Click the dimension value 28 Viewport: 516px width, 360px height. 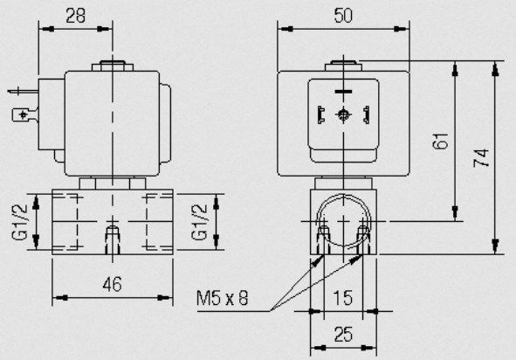pyautogui.click(x=75, y=16)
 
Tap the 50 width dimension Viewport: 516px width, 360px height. pyautogui.click(x=343, y=16)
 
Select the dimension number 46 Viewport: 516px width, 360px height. pyautogui.click(x=113, y=284)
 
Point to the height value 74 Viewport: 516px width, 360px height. pyautogui.click(x=481, y=158)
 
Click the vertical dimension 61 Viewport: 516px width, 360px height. pyautogui.click(x=441, y=141)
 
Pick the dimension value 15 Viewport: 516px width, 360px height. pyautogui.click(x=343, y=298)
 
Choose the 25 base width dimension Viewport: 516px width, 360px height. pyautogui.click(x=343, y=335)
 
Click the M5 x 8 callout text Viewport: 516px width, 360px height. pyautogui.click(x=223, y=298)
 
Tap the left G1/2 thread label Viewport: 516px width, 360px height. pyautogui.click(x=20, y=222)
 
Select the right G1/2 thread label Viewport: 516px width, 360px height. pyautogui.click(x=199, y=222)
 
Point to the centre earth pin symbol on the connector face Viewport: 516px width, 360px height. pyautogui.click(x=343, y=115)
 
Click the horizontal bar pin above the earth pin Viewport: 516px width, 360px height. pyautogui.click(x=343, y=91)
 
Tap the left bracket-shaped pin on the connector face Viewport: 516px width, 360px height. pyautogui.click(x=321, y=115)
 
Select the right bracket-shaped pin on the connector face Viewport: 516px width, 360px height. pyautogui.click(x=366, y=115)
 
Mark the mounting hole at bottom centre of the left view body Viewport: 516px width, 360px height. pyautogui.click(x=113, y=239)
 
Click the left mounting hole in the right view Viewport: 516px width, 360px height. pyautogui.click(x=324, y=239)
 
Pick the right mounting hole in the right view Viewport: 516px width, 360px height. pyautogui.click(x=363, y=239)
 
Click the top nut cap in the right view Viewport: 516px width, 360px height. pyautogui.click(x=343, y=66)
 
